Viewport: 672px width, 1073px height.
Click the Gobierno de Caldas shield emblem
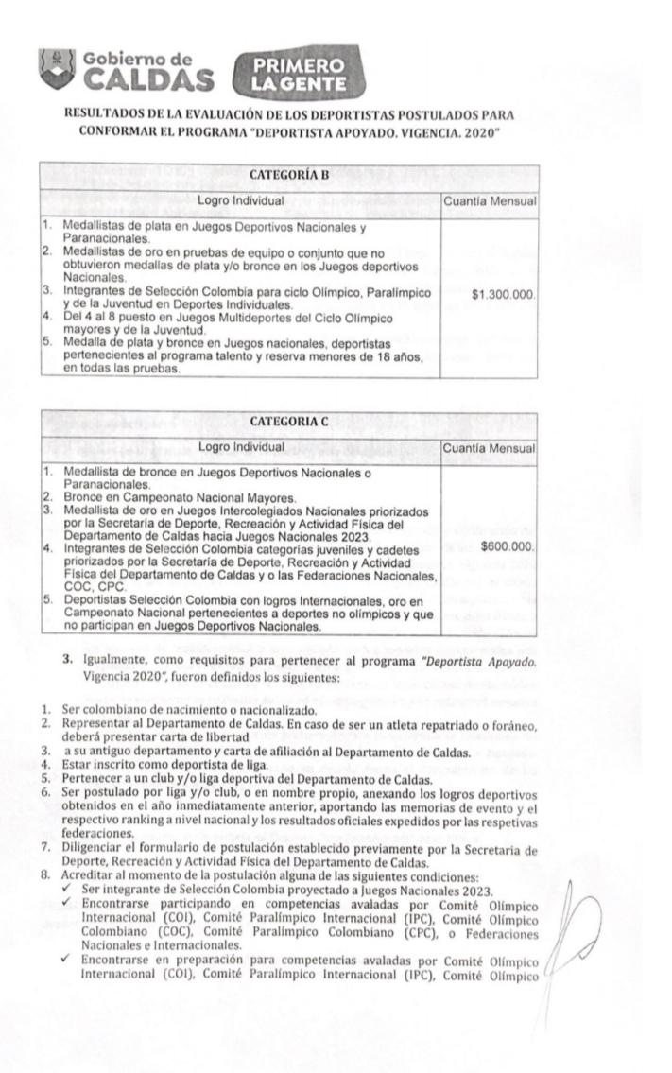pyautogui.click(x=57, y=69)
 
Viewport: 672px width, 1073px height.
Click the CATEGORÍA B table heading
pyautogui.click(x=287, y=176)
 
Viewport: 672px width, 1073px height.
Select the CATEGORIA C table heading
pyautogui.click(x=287, y=422)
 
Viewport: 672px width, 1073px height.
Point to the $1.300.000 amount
pyautogui.click(x=504, y=296)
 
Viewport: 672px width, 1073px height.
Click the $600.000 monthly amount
pyautogui.click(x=508, y=546)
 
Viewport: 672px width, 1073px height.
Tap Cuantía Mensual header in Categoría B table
pyautogui.click(x=491, y=201)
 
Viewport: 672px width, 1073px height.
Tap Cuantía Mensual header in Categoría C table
pyautogui.click(x=491, y=447)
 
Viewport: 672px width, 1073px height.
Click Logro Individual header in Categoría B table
pyautogui.click(x=241, y=201)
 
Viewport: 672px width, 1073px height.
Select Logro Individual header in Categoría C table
pyautogui.click(x=241, y=447)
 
